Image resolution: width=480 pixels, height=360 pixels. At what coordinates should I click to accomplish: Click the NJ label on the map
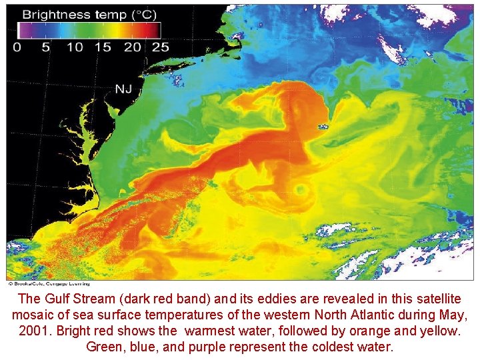123,89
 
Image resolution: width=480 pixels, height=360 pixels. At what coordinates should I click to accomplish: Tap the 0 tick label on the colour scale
17,47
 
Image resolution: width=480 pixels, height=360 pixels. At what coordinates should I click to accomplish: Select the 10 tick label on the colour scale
75,47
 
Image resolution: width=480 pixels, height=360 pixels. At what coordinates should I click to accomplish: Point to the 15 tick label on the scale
103,47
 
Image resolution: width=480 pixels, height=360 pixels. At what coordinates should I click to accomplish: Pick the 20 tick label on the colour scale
132,47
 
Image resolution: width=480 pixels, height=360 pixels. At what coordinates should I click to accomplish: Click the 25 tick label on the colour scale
160,47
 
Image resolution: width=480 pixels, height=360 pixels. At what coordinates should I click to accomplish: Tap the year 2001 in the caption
23,331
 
